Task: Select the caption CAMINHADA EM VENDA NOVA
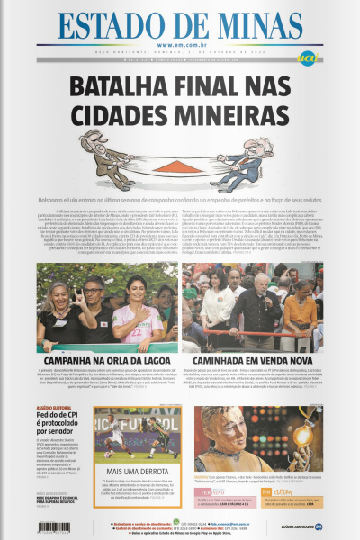(253, 360)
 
